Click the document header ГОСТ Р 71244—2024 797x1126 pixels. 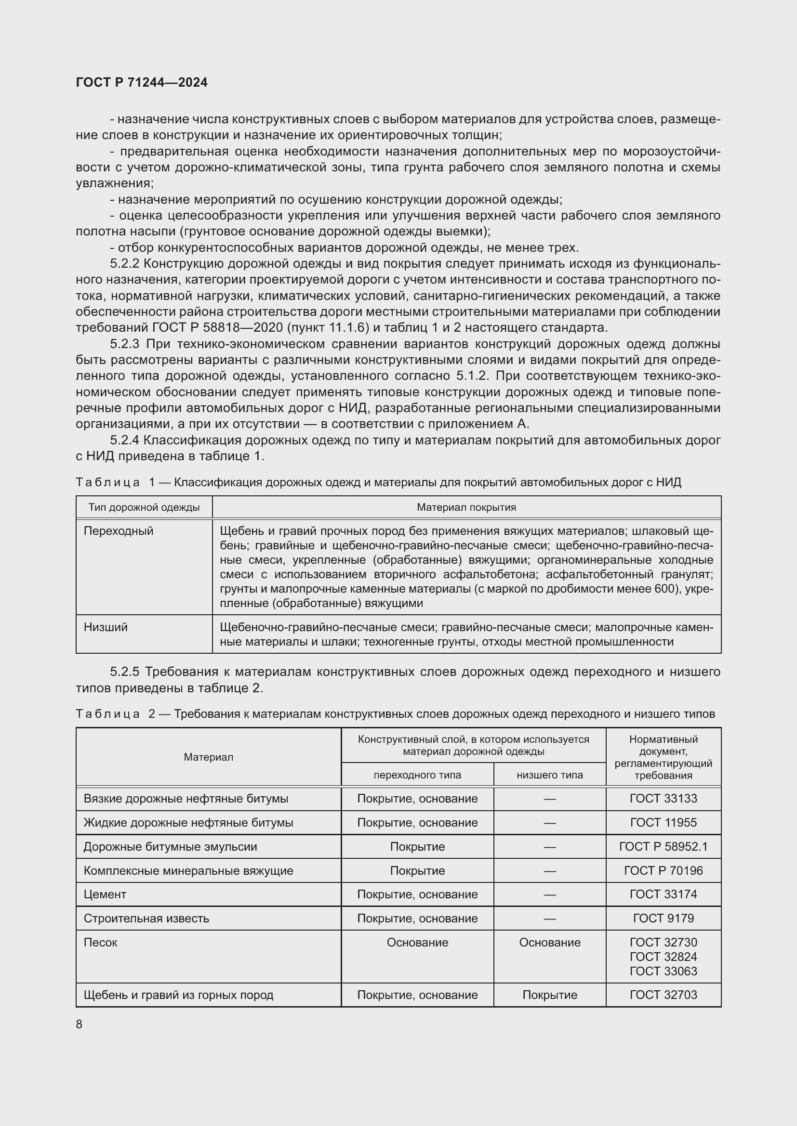tap(142, 82)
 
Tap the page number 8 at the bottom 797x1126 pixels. tap(80, 1024)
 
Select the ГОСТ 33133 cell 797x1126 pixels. tap(663, 798)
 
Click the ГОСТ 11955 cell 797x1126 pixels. tap(663, 822)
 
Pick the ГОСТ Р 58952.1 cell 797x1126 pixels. tap(663, 846)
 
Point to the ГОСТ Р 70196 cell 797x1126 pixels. tap(663, 870)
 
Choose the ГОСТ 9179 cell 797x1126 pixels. tap(663, 918)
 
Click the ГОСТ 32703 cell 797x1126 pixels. tap(663, 995)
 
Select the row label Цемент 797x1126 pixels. tap(105, 894)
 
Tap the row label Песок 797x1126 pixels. tap(101, 942)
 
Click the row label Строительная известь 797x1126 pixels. tap(146, 918)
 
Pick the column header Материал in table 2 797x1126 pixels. tap(209, 757)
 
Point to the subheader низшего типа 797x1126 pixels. tap(550, 775)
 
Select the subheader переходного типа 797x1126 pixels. tap(417, 775)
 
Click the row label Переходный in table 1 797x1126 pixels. tap(119, 531)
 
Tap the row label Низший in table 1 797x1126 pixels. tap(106, 627)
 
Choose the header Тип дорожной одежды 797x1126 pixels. tap(144, 507)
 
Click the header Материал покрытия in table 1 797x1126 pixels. tap(466, 507)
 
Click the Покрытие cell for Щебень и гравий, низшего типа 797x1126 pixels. tap(550, 995)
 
